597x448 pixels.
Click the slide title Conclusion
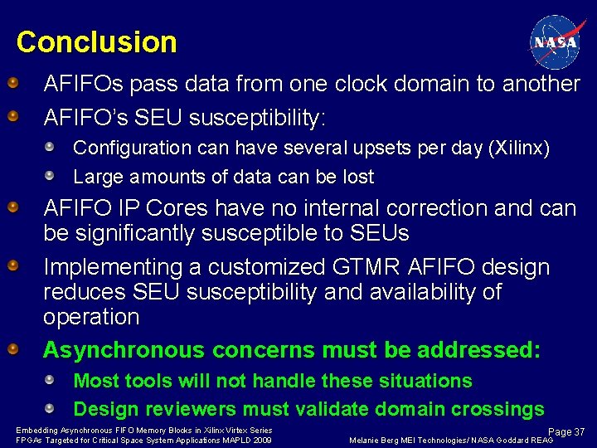click(x=96, y=42)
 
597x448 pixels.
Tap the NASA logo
click(x=554, y=41)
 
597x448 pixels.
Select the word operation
click(x=91, y=317)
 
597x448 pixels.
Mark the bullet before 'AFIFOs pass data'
click(x=13, y=84)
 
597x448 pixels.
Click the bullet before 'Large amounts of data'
click(x=51, y=176)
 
